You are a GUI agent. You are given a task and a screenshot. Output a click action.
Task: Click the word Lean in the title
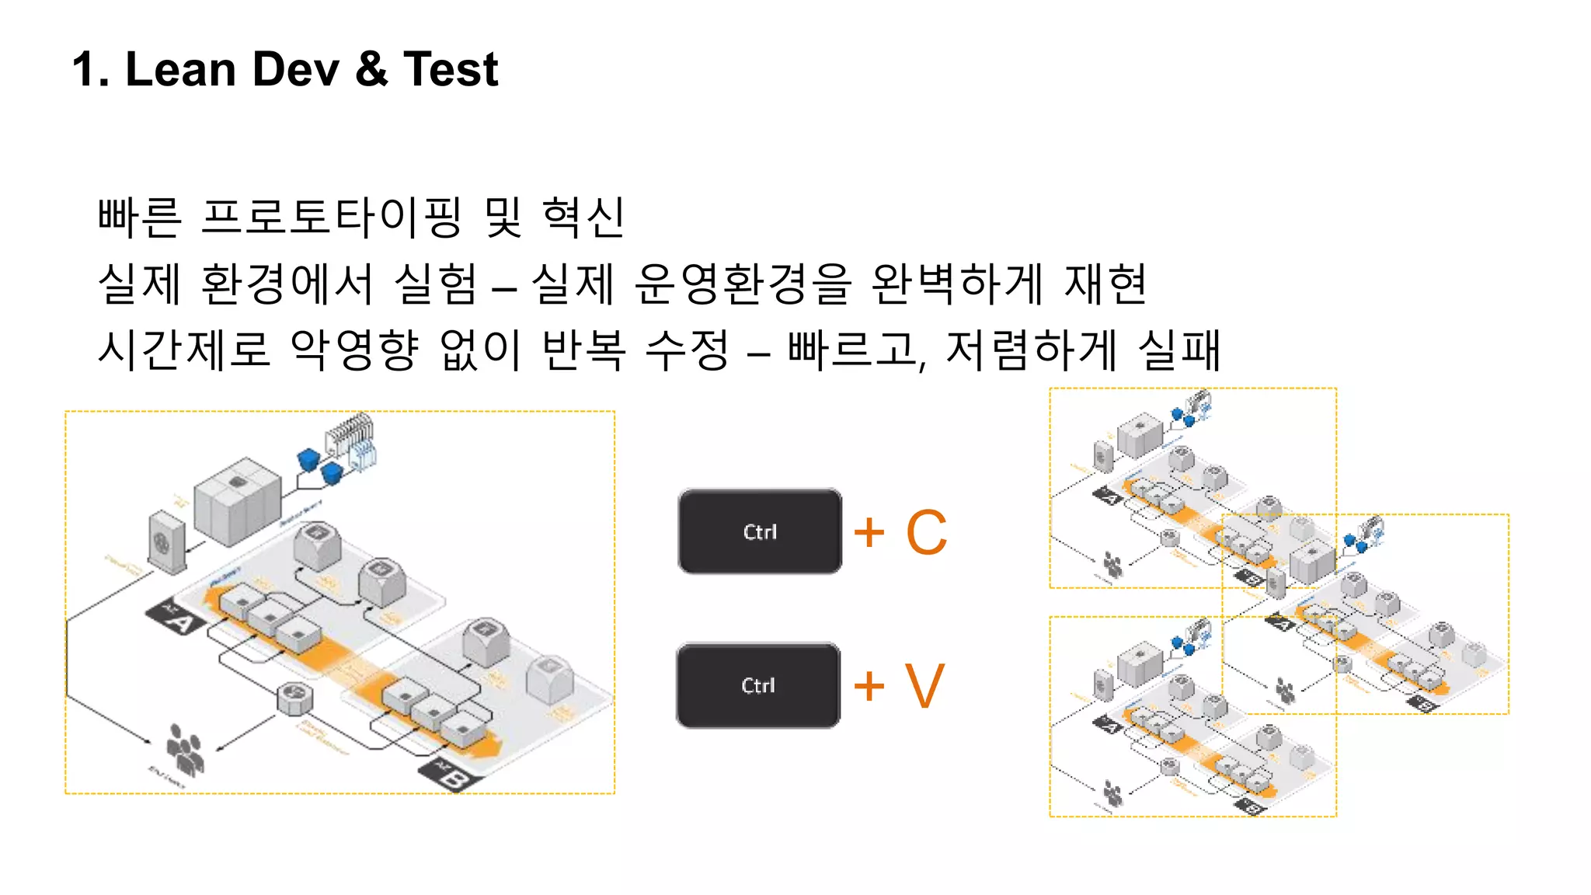[180, 69]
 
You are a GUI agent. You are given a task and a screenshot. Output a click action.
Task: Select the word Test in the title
[451, 69]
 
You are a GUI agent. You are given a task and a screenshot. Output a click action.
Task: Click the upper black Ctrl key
[760, 532]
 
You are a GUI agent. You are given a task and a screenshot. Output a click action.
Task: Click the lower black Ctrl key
[758, 685]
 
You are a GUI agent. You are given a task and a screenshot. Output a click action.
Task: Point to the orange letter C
[927, 533]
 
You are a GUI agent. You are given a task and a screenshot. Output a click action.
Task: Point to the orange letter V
[924, 686]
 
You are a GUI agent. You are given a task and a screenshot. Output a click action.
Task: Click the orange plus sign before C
[869, 533]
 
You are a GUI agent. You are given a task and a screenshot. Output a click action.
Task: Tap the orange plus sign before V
[869, 686]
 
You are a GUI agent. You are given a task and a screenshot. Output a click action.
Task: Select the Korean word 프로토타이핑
[332, 217]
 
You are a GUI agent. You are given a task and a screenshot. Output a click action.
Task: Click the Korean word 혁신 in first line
[583, 217]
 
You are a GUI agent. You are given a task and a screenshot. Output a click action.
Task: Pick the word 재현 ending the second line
[1106, 284]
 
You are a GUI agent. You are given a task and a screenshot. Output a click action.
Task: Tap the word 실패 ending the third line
[1179, 350]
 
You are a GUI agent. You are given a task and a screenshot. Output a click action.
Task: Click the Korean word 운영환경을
[743, 284]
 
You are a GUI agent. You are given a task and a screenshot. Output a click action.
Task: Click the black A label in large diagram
[176, 616]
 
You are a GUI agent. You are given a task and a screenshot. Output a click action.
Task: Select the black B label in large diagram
[451, 774]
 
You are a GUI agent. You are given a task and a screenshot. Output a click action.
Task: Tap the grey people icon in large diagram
[185, 749]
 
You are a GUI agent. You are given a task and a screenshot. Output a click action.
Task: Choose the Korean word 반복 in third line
[583, 350]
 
